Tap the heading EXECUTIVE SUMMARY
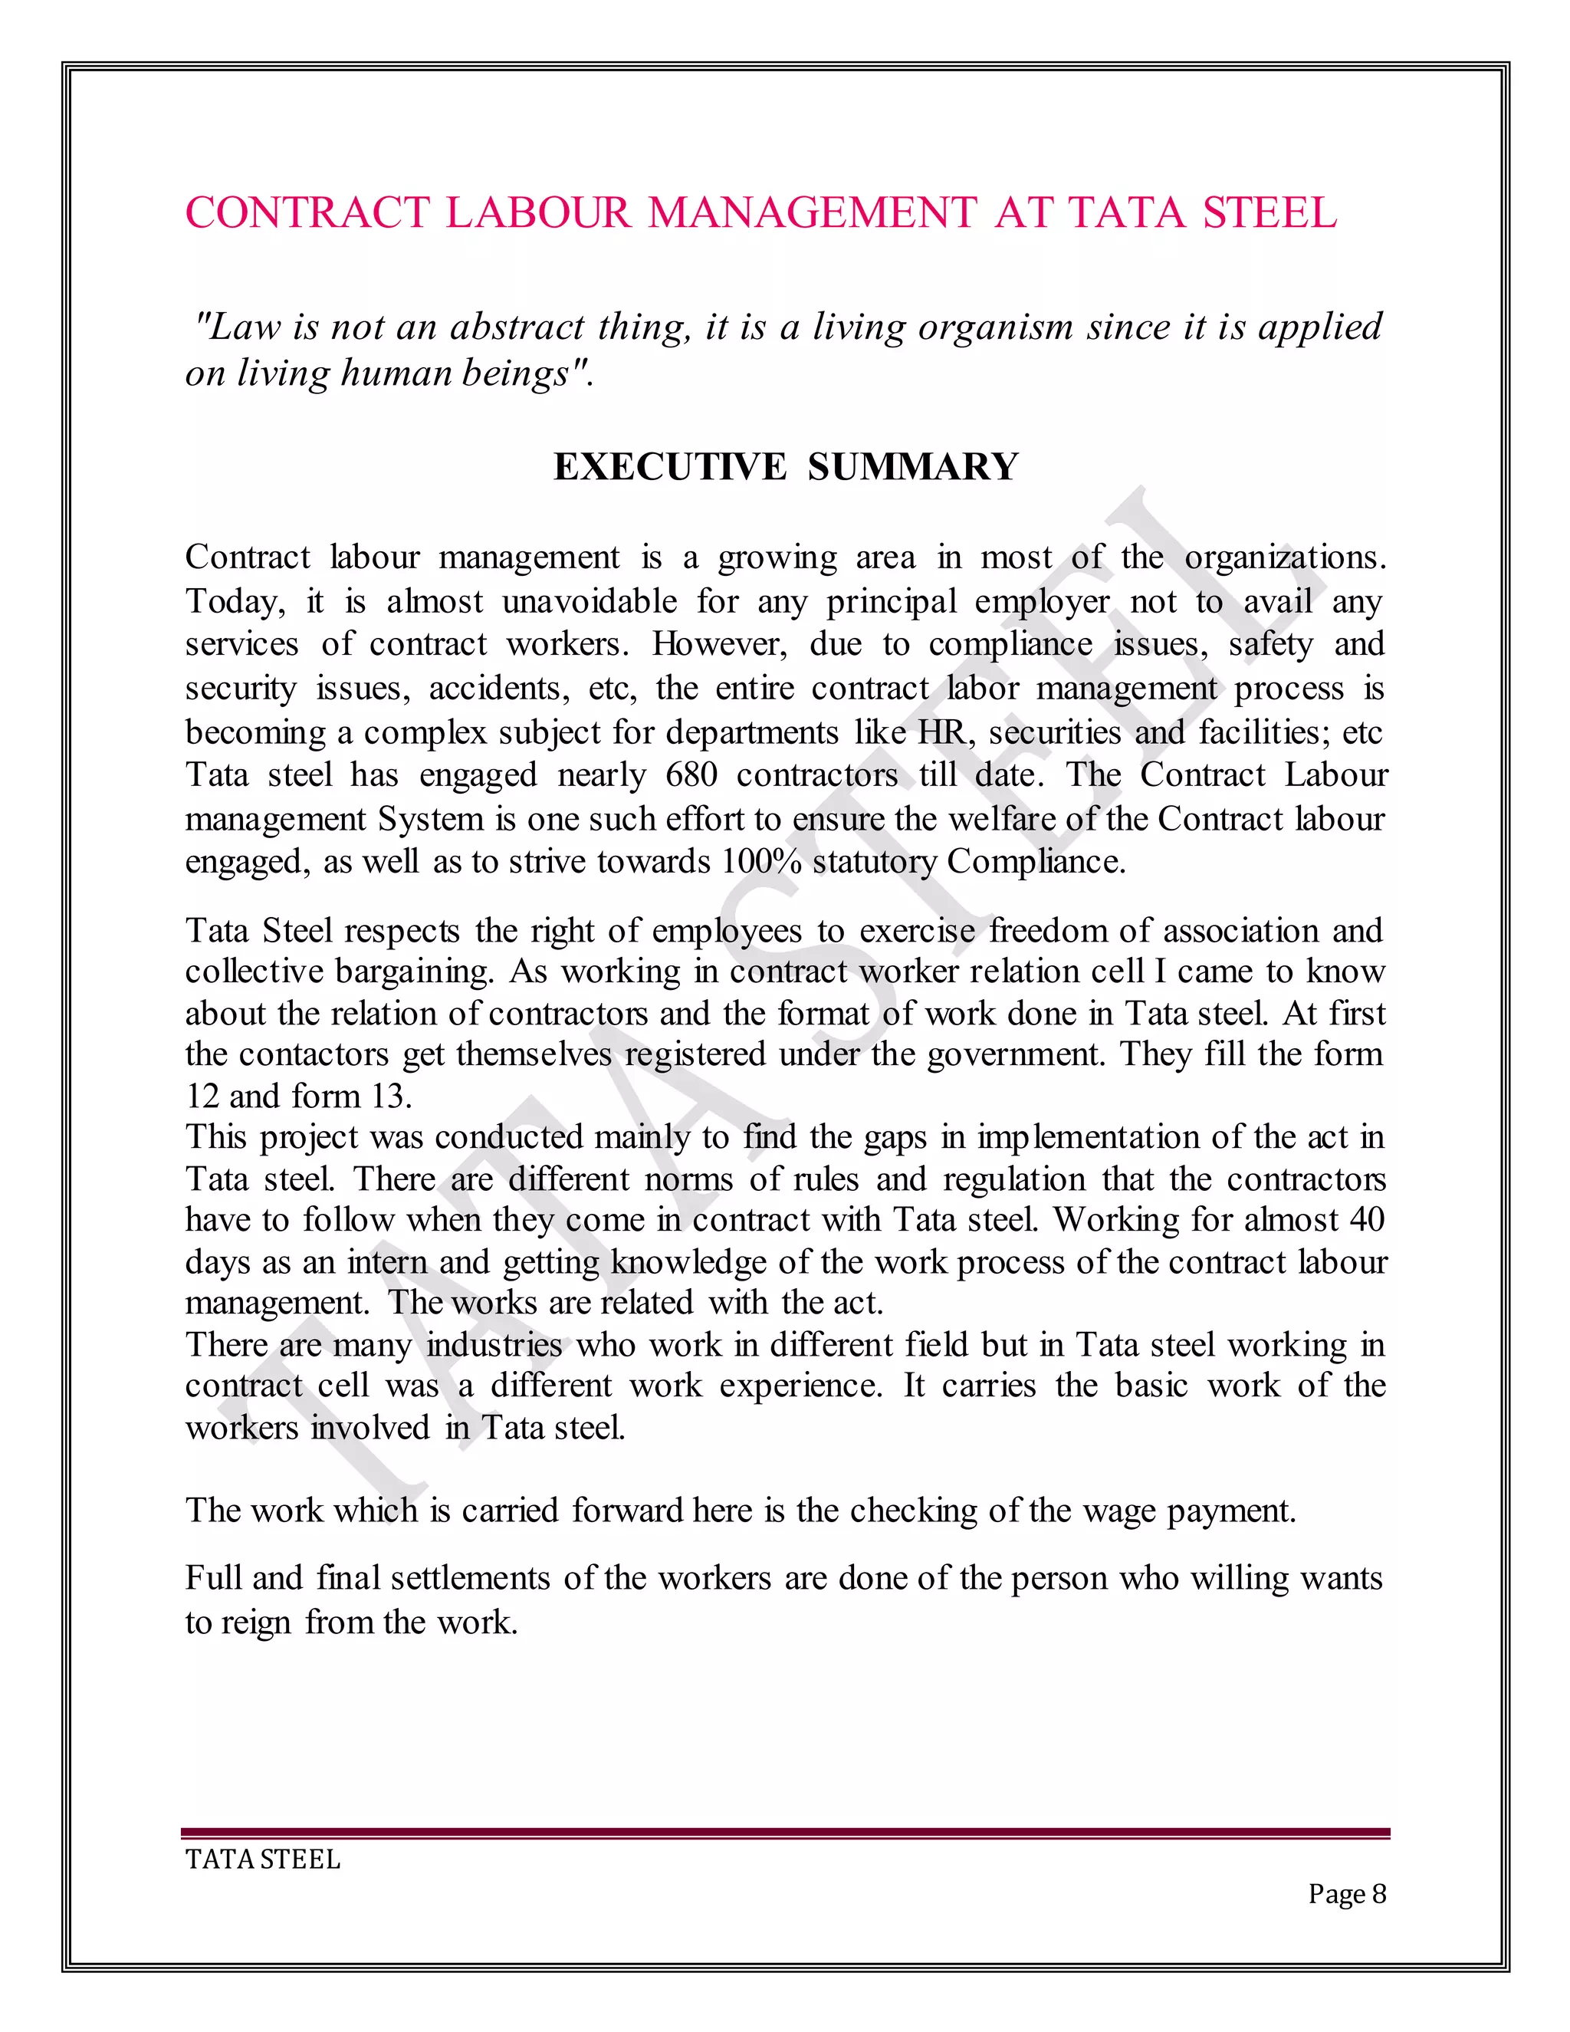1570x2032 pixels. point(786,466)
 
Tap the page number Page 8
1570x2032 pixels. point(1346,1893)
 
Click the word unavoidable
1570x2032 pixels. point(590,601)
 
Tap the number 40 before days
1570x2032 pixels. point(1365,1220)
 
